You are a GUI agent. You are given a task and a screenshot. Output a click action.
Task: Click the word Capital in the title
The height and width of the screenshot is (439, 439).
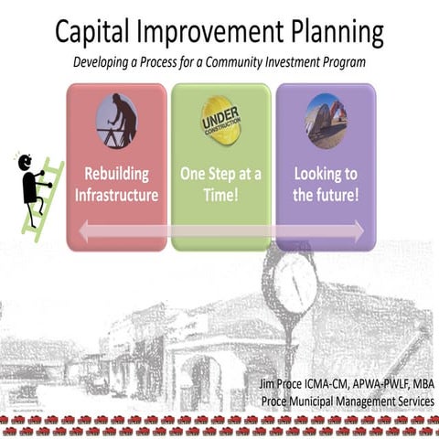pos(95,33)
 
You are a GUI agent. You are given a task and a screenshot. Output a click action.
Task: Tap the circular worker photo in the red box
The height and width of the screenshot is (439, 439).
pos(116,120)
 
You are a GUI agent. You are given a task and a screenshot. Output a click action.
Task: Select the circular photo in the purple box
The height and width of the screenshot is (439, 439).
pos(326,119)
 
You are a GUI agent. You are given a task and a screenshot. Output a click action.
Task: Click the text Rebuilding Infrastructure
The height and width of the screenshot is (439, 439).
pos(116,183)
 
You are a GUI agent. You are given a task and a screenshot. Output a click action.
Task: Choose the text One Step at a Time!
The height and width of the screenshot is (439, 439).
pos(220,183)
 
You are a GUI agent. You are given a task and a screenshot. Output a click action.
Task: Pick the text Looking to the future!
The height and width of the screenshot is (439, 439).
pos(326,183)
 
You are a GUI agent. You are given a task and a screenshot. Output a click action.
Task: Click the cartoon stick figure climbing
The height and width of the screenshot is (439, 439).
pos(34,183)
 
